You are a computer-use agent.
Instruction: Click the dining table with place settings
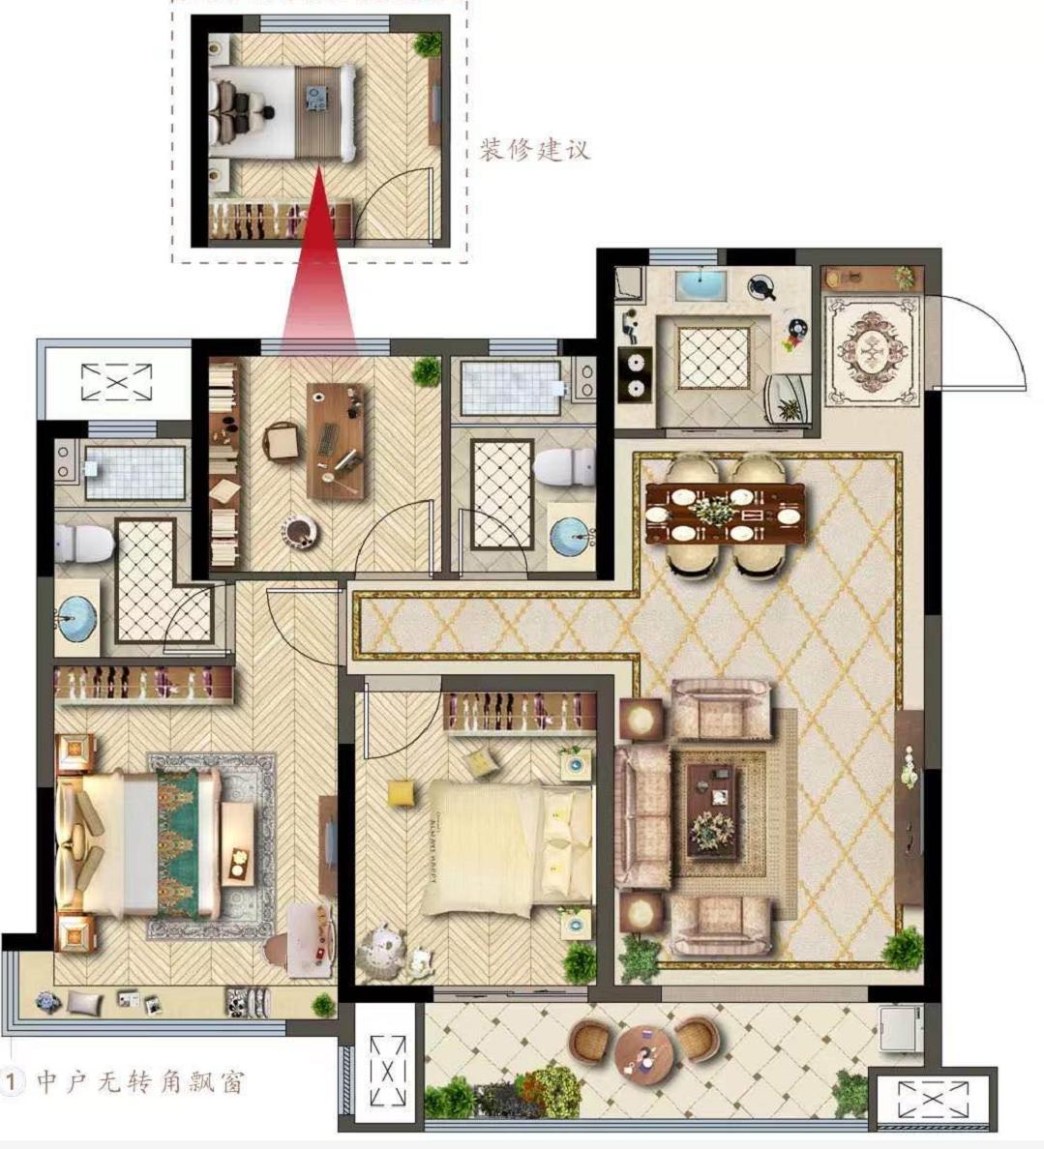click(725, 513)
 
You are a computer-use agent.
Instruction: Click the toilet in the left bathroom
click(84, 542)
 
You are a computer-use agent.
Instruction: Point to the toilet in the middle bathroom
click(564, 467)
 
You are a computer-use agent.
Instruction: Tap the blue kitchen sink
click(701, 285)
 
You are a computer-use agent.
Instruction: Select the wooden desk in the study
click(337, 440)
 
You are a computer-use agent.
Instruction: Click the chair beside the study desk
click(281, 442)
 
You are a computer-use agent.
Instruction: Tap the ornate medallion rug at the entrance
click(872, 349)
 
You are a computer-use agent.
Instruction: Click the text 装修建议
click(534, 150)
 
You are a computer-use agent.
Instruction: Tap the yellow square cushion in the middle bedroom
click(401, 793)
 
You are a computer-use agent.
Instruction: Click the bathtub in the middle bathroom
click(510, 387)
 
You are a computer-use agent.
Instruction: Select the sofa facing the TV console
click(642, 816)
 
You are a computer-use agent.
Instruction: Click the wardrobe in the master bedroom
click(144, 685)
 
